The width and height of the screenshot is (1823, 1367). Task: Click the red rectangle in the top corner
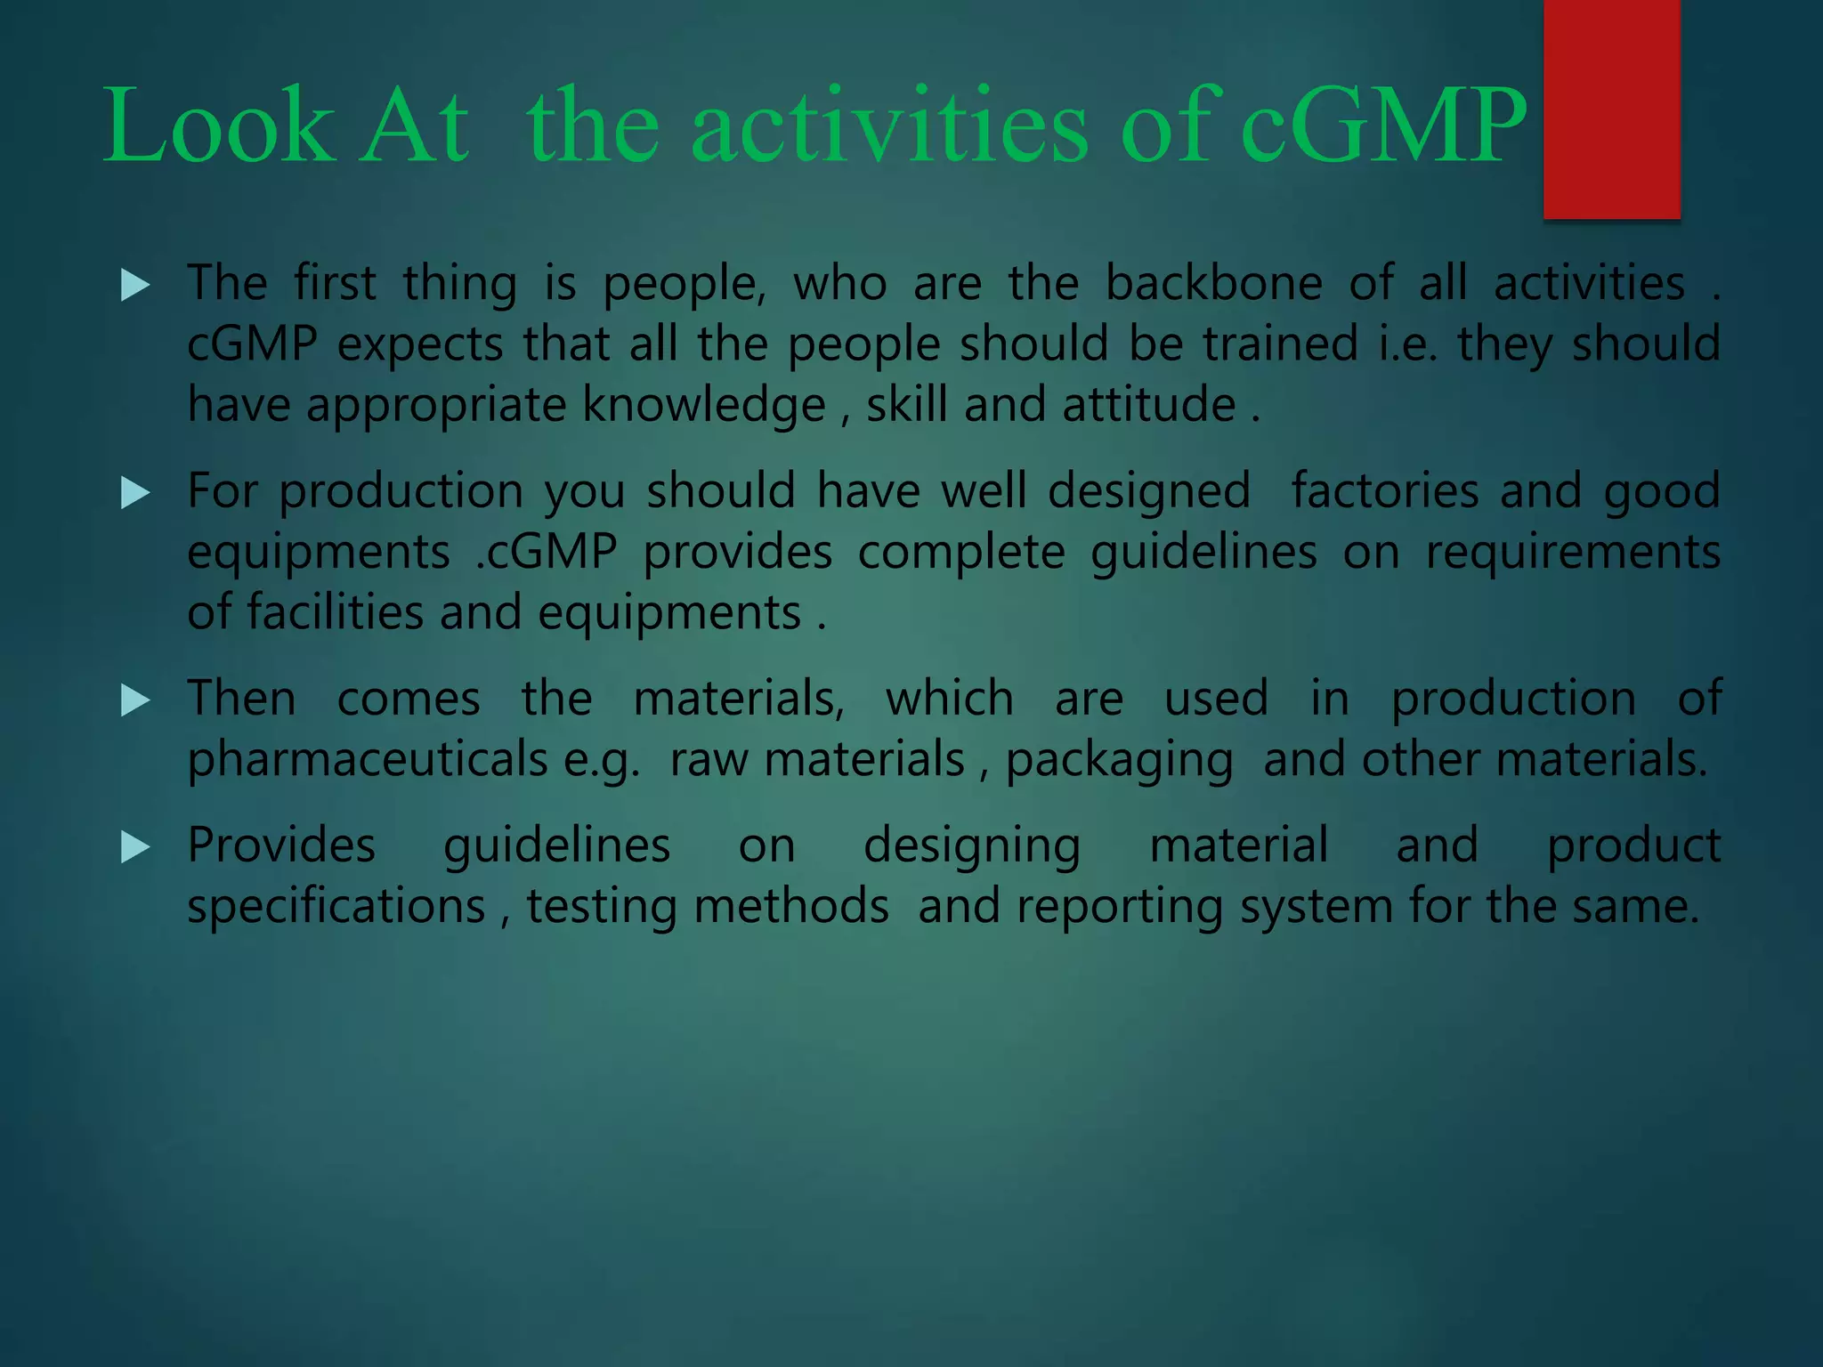(x=1611, y=109)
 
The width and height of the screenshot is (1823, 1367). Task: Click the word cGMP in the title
(x=1382, y=126)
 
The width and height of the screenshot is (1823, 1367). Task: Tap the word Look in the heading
(x=219, y=126)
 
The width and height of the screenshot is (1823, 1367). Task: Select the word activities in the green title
(x=889, y=126)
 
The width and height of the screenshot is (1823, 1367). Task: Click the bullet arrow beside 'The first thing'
(x=135, y=286)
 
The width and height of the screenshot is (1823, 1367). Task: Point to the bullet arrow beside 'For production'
(x=135, y=493)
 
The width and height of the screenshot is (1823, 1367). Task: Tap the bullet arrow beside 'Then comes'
(x=135, y=700)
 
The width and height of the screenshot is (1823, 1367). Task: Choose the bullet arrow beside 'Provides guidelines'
(x=135, y=847)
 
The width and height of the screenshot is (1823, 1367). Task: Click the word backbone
(x=1214, y=284)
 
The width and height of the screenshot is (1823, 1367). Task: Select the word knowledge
(x=704, y=406)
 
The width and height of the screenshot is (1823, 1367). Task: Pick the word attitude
(x=1149, y=405)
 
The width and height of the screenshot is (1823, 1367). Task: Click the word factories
(x=1384, y=491)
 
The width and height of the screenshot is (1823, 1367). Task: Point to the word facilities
(x=335, y=613)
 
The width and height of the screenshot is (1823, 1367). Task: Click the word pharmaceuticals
(x=368, y=760)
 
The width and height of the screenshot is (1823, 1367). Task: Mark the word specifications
(x=336, y=907)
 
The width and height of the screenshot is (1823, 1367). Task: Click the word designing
(x=972, y=846)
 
